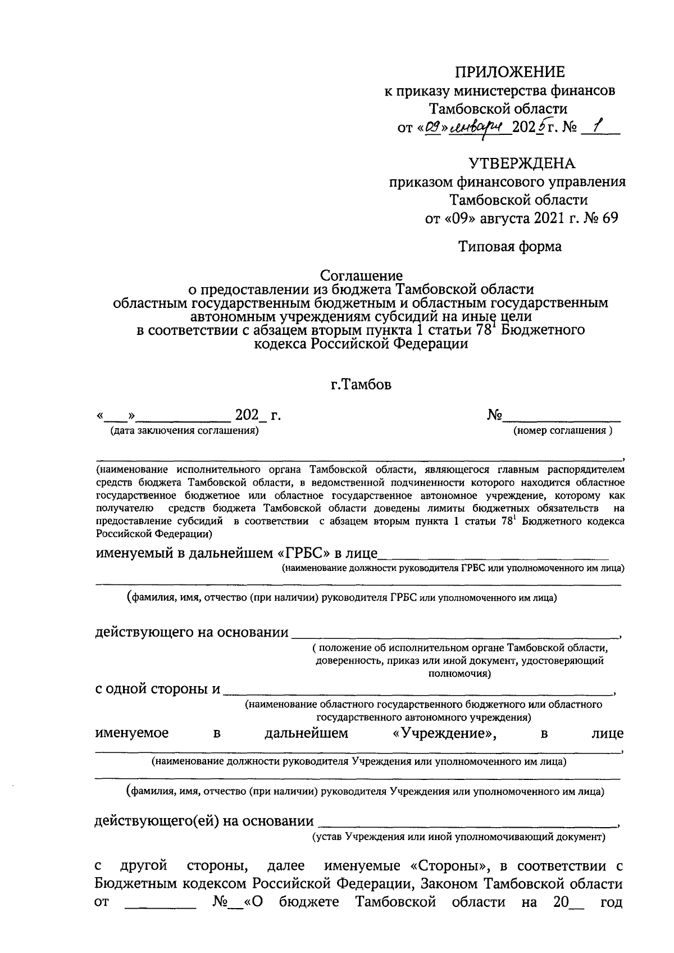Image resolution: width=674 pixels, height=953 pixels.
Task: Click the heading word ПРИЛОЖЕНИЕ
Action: coord(509,72)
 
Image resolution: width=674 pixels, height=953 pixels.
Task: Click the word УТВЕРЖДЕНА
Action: coord(522,164)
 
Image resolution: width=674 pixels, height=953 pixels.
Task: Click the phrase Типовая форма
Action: coord(509,246)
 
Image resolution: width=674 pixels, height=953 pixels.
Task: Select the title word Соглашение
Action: coord(361,276)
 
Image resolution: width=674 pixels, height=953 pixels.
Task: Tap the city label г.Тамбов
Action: coord(361,385)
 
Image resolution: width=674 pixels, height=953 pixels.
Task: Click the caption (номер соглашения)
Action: coord(562,431)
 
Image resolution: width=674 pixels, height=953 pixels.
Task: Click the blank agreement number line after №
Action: coord(562,419)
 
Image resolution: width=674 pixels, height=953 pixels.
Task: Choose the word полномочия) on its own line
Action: coord(459,674)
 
